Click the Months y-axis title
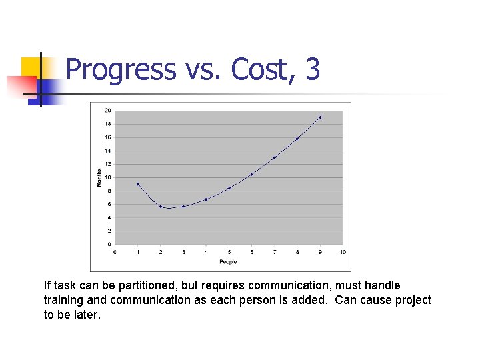pos(99,177)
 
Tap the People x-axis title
pos(228,262)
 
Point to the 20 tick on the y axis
pos(107,111)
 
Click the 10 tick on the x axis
pos(343,252)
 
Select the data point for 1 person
pos(137,184)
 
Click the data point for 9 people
pos(320,117)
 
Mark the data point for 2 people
pos(161,207)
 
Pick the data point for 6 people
pos(251,175)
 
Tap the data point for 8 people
pos(297,139)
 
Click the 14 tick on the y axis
pos(107,151)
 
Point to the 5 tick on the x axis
pos(229,252)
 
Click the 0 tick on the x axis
pos(115,252)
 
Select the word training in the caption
pos(63,300)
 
